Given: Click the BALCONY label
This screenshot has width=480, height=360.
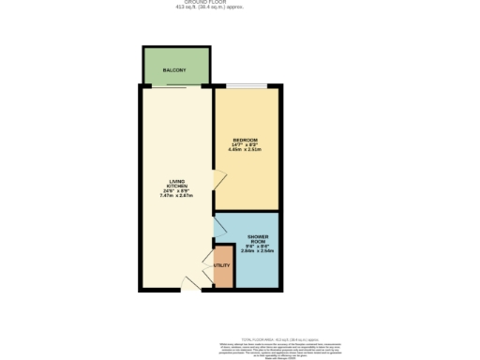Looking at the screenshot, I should tap(173, 71).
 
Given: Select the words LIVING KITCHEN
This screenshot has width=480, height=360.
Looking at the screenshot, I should tap(175, 184).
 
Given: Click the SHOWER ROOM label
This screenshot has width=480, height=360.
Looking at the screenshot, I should tap(258, 239).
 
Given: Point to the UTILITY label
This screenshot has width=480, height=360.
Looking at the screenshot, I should tap(222, 265).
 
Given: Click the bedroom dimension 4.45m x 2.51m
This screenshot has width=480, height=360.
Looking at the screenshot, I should tap(245, 149).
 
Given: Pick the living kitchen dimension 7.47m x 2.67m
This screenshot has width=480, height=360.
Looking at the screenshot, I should tap(175, 196).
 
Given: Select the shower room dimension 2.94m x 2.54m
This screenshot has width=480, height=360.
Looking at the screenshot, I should tap(258, 250).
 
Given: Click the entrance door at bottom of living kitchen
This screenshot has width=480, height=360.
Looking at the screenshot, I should tap(190, 283).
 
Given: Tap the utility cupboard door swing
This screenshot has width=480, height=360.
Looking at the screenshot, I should tap(209, 257).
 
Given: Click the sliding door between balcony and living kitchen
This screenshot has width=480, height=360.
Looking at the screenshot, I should tap(177, 87).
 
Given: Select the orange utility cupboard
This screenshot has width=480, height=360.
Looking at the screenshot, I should tap(223, 269).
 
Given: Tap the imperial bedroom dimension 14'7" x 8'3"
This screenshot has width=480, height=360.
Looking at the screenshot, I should tap(245, 144).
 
